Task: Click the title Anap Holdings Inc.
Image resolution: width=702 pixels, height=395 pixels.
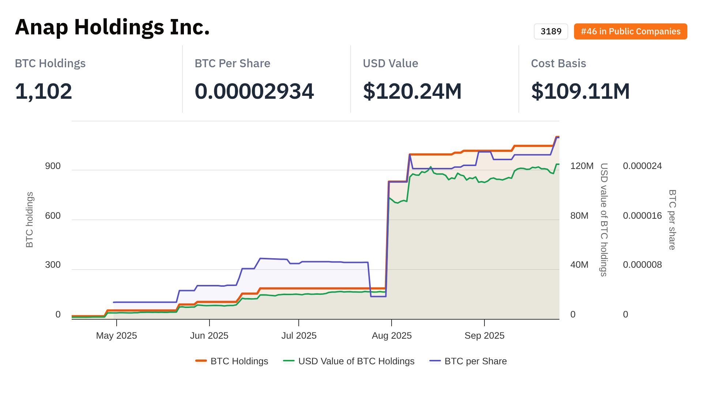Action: coord(112,27)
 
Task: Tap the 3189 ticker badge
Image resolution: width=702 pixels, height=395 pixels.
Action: coord(551,31)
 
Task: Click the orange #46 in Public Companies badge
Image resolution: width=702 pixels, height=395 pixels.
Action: coord(630,31)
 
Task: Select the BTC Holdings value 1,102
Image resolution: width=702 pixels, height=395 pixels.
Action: coord(44,91)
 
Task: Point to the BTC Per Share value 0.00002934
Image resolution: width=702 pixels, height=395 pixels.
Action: coord(254,91)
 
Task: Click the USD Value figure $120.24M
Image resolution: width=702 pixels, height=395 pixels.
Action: coord(412,91)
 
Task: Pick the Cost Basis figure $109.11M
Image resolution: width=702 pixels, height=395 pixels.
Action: coord(580,91)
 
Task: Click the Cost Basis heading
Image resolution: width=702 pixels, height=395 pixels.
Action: coord(558,63)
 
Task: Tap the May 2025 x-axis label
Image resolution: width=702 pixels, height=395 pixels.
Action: coord(116,336)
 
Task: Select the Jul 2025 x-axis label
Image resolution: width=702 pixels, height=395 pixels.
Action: coord(299,336)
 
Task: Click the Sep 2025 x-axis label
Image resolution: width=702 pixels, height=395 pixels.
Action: coord(484,336)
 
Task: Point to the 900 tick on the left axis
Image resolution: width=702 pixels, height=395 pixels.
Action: coord(53,166)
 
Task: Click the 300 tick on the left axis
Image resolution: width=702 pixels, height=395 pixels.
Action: coord(53,265)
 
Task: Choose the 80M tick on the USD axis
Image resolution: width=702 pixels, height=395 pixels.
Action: coord(579,216)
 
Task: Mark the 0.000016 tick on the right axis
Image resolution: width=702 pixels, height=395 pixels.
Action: coord(642,216)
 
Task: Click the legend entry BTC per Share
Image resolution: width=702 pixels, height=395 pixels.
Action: coord(475,361)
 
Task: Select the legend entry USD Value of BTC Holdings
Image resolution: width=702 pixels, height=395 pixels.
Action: coord(356,361)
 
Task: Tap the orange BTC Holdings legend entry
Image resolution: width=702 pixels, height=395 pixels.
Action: coord(239,361)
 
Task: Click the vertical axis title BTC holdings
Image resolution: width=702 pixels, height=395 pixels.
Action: coord(30,219)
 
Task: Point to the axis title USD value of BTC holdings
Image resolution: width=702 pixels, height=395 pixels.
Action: coord(604,219)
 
